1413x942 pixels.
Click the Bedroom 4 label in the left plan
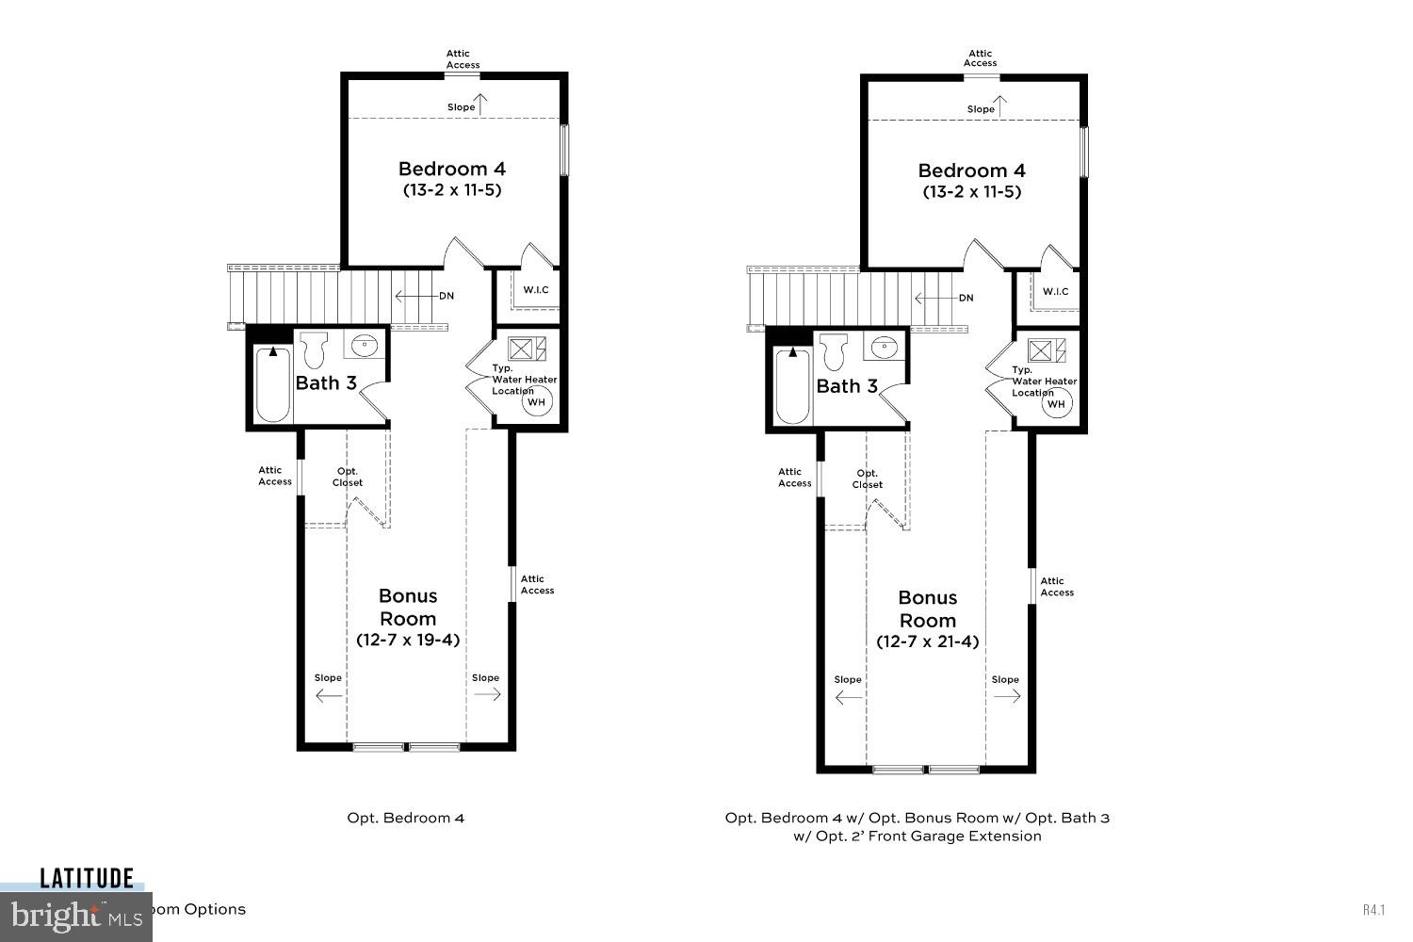click(451, 169)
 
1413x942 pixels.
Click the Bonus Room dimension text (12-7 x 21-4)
click(927, 642)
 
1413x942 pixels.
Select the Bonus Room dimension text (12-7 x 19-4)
click(408, 640)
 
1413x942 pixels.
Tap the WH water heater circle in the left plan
click(536, 402)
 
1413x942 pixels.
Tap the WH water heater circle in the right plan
click(1056, 404)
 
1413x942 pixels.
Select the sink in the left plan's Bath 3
click(365, 347)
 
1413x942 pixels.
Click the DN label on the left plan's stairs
click(446, 296)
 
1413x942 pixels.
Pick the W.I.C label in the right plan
click(1055, 291)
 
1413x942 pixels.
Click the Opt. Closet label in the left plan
click(348, 477)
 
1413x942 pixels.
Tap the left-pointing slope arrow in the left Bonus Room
click(329, 696)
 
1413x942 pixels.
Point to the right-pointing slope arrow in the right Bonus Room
click(1006, 697)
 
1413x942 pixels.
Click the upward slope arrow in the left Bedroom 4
click(481, 105)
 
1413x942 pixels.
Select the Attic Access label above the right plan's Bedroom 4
click(980, 58)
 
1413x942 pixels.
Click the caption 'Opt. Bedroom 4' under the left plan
click(406, 818)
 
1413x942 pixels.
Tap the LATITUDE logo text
click(87, 879)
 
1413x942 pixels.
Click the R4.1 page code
click(1373, 910)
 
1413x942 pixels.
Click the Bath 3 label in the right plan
click(847, 386)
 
